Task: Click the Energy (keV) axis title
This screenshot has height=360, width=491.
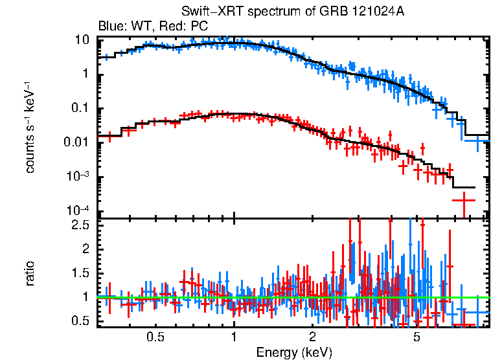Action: (294, 352)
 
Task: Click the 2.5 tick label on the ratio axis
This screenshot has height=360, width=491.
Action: (80, 225)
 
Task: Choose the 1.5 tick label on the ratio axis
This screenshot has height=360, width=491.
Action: (80, 273)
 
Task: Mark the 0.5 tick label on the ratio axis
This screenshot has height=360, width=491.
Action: (80, 321)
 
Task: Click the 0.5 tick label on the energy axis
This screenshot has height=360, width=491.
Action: (155, 337)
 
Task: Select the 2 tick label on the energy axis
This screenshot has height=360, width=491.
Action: (312, 337)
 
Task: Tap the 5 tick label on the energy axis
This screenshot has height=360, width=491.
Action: (417, 337)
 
